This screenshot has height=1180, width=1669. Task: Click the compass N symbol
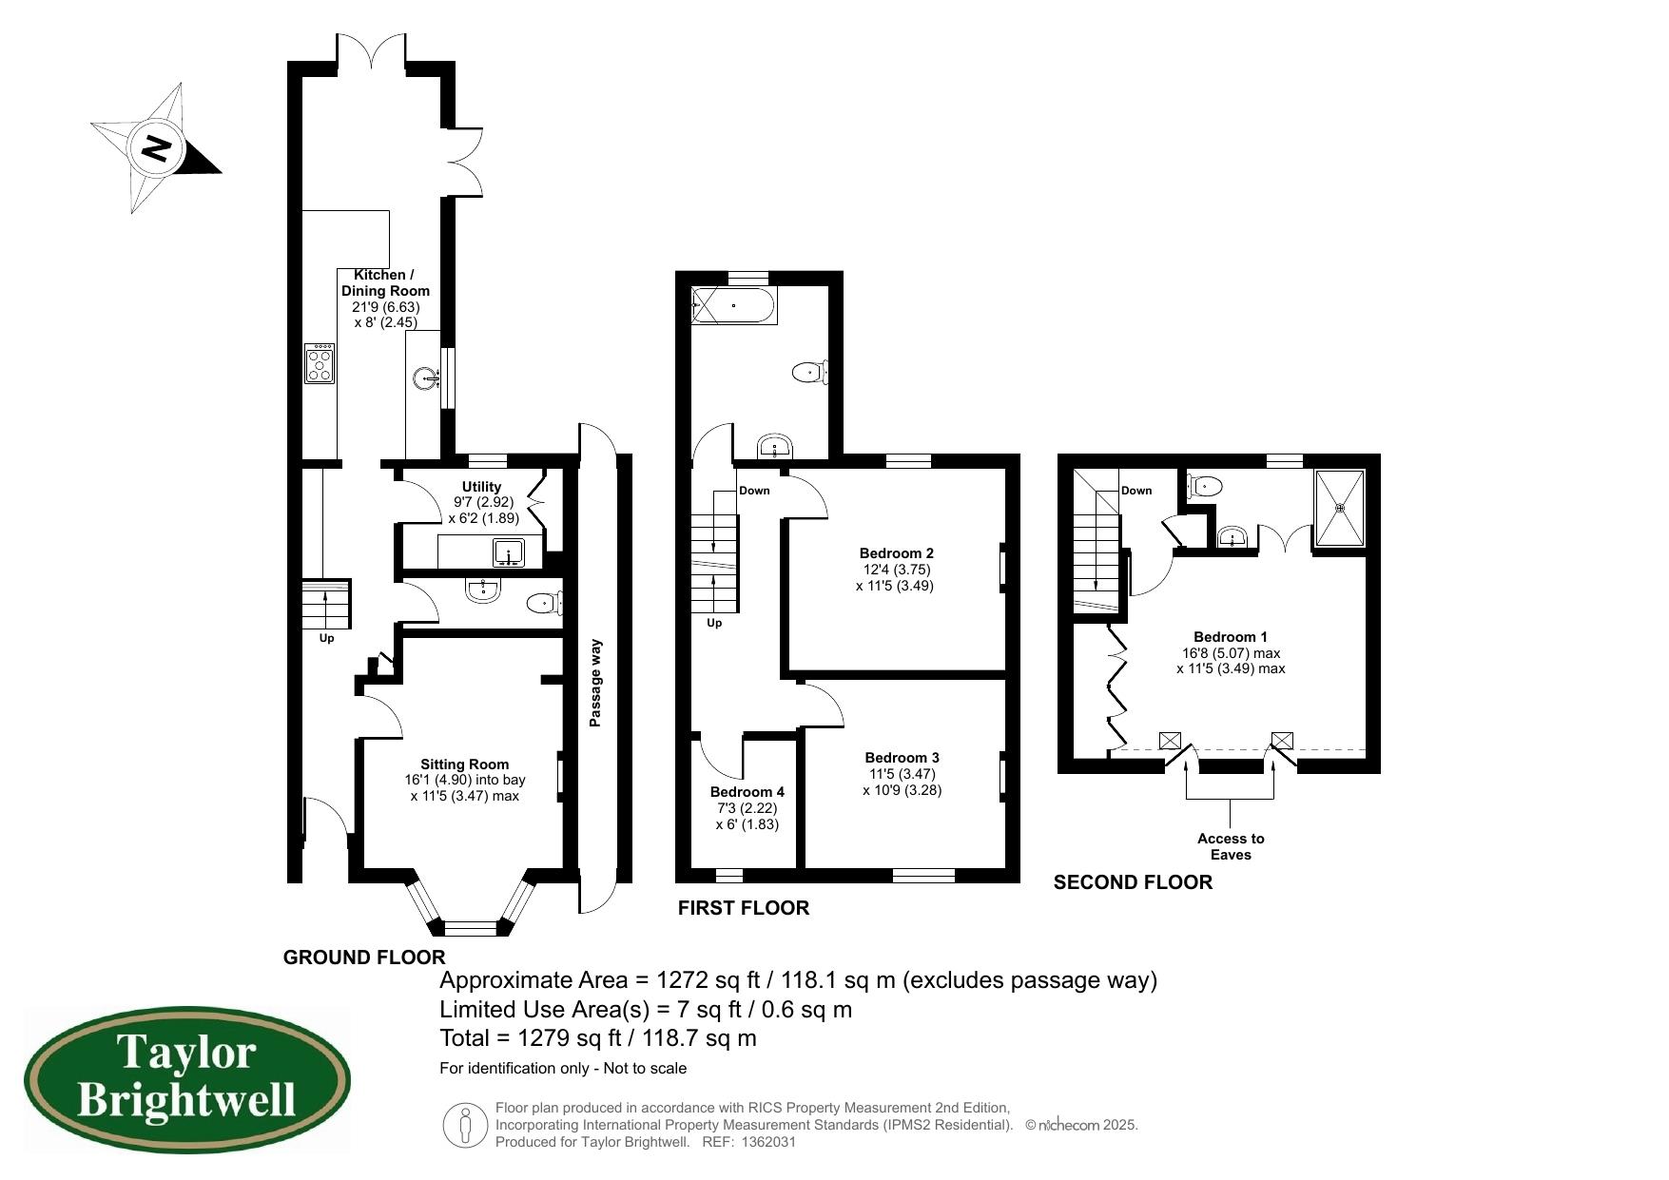[157, 149]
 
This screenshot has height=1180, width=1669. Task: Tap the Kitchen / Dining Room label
[385, 282]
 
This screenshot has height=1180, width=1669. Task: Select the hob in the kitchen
[320, 362]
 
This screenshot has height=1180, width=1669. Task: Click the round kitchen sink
[428, 378]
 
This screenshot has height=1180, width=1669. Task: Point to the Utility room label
[481, 487]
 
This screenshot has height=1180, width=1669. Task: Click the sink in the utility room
[510, 552]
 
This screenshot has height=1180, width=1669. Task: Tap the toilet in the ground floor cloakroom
[545, 602]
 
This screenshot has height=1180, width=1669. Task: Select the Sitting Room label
[465, 764]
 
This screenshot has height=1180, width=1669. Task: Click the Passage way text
[596, 683]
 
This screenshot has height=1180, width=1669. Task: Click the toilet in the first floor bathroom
[811, 372]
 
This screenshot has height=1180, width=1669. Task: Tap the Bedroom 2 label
[896, 553]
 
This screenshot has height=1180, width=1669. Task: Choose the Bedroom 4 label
[747, 792]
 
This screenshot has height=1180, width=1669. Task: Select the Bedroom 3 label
[902, 758]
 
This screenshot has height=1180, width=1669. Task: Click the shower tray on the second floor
[1340, 508]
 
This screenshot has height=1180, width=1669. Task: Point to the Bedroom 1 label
[1231, 637]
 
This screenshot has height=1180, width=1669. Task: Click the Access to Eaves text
[1231, 846]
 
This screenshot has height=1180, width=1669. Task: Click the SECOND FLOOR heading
[1133, 882]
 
